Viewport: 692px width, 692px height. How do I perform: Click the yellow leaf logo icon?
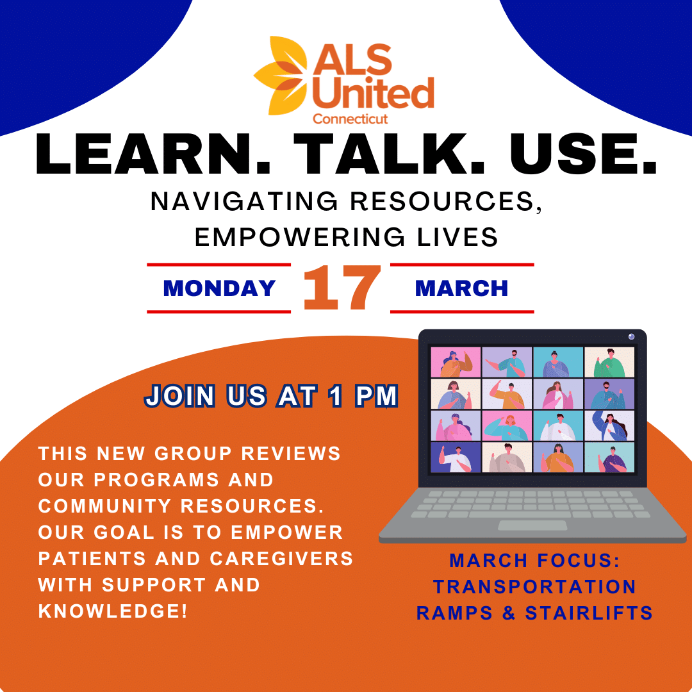coord(281,75)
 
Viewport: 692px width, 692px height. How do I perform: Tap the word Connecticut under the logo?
coord(350,119)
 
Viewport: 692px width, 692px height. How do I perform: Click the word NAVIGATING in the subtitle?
coord(244,202)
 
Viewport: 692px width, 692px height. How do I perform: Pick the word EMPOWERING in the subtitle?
coord(299,237)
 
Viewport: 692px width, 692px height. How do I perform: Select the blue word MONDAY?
coord(219,288)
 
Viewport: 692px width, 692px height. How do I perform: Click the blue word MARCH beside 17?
coord(461,288)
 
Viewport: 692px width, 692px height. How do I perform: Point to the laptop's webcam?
coord(631,337)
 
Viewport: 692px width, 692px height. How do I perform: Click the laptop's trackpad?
coord(532,525)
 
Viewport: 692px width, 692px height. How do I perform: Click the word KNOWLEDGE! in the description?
coord(113,611)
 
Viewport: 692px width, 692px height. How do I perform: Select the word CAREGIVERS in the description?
coord(281,559)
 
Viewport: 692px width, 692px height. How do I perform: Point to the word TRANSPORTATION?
coord(534,587)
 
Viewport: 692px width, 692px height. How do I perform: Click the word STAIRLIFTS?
coord(589,613)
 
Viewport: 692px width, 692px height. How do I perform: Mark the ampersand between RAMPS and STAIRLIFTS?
coord(509,613)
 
